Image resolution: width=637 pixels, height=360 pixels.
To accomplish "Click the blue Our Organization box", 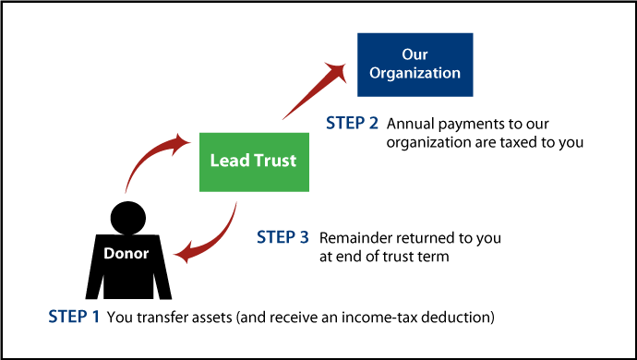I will (415, 65).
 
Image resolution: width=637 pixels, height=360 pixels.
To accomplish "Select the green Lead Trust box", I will (253, 161).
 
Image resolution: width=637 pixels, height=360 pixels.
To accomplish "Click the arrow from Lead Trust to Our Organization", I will (314, 93).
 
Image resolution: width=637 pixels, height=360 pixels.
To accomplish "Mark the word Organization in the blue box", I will (415, 74).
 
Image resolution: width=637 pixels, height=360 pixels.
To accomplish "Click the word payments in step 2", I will (464, 125).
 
